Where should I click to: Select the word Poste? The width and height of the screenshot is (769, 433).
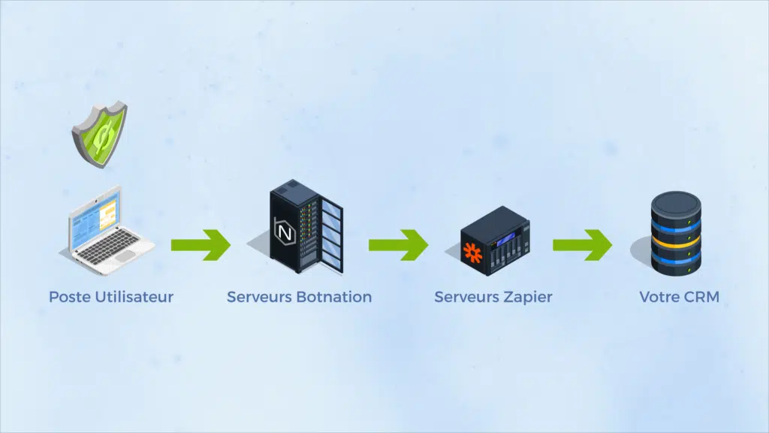pyautogui.click(x=70, y=297)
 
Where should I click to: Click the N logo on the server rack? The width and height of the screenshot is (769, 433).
pyautogui.click(x=285, y=232)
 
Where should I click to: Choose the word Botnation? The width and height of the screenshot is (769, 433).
pyautogui.click(x=334, y=297)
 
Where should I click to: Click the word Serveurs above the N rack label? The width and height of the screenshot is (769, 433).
pyautogui.click(x=260, y=297)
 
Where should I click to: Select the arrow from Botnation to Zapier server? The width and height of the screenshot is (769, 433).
pyautogui.click(x=397, y=245)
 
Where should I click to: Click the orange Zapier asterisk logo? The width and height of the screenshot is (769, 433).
pyautogui.click(x=472, y=252)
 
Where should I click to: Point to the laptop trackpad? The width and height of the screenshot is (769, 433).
pyautogui.click(x=126, y=256)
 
